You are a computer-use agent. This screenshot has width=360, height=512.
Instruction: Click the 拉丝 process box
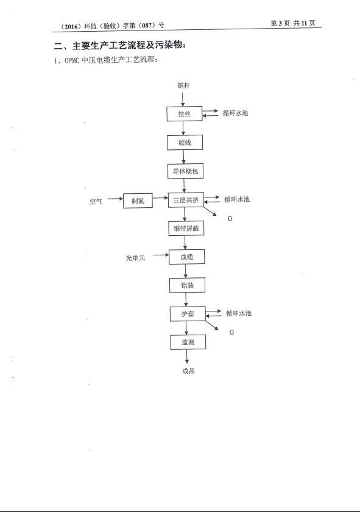pyautogui.click(x=185, y=113)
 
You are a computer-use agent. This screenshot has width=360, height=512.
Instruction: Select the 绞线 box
pyautogui.click(x=185, y=143)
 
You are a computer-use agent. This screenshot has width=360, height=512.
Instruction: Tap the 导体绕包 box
pyautogui.click(x=185, y=171)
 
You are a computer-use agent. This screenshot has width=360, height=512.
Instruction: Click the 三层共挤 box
pyautogui.click(x=186, y=200)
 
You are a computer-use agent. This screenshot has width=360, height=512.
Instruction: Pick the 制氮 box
pyautogui.click(x=138, y=201)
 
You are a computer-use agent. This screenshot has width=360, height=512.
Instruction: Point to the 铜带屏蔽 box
pyautogui.click(x=186, y=228)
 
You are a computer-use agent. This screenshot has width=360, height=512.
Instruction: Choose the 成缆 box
pyautogui.click(x=186, y=257)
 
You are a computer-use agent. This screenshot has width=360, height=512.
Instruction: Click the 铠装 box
pyautogui.click(x=187, y=285)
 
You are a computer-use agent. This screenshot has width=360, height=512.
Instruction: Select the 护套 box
pyautogui.click(x=188, y=313)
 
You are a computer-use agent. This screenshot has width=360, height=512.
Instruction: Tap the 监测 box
pyautogui.click(x=188, y=342)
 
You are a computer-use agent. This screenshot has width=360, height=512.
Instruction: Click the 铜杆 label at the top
pyautogui.click(x=183, y=85)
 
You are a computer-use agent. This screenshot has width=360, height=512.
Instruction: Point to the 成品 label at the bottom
pyautogui.click(x=188, y=371)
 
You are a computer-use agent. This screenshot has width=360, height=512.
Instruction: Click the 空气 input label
pyautogui.click(x=96, y=201)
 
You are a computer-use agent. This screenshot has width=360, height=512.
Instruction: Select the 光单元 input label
pyautogui.click(x=135, y=258)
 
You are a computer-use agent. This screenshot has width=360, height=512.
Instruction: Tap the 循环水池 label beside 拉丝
pyautogui.click(x=235, y=113)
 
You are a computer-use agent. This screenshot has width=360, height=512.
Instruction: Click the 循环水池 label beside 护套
pyautogui.click(x=239, y=313)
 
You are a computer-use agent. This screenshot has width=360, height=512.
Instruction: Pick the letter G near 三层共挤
pyautogui.click(x=230, y=218)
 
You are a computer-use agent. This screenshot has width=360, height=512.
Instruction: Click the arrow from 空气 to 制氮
pyautogui.click(x=115, y=199)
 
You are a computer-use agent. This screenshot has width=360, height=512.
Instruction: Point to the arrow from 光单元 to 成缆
pyautogui.click(x=161, y=255)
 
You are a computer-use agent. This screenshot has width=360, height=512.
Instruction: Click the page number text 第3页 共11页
pyautogui.click(x=293, y=23)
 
